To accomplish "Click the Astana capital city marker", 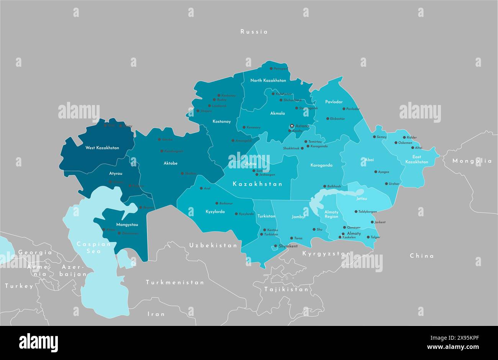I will [292, 126].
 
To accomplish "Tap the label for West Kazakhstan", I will [102, 148].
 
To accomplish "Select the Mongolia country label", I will [472, 161].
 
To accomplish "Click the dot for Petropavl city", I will [271, 69].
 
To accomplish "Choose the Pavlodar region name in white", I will [334, 102].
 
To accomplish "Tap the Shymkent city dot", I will [275, 246].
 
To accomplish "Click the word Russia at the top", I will [254, 32].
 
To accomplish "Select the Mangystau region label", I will [127, 224].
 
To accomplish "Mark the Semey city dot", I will [374, 137].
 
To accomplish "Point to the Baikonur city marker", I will [216, 203].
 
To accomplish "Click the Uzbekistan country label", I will [213, 245].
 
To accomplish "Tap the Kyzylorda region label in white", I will [215, 212].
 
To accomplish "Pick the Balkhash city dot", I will [324, 186].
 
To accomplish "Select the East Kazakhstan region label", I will [417, 159].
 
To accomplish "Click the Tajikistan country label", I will [286, 289].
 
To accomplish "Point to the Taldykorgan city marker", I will [355, 212].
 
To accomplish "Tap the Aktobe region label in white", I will [170, 163].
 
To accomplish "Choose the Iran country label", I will [156, 314].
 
